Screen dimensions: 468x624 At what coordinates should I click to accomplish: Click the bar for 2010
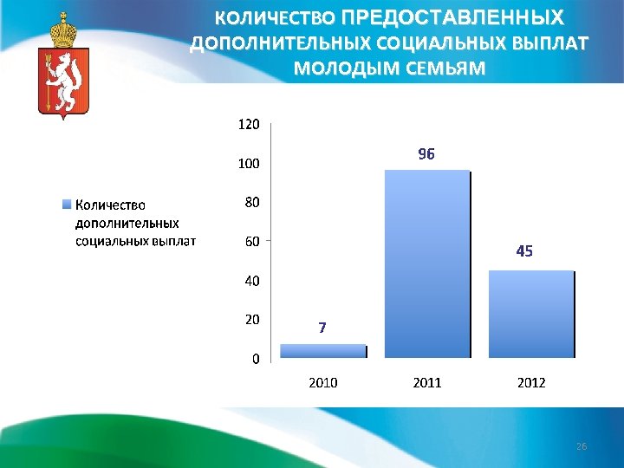click(323, 351)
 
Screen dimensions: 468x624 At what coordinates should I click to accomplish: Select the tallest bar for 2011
click(427, 263)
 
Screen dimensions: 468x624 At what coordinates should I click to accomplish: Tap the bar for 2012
click(531, 314)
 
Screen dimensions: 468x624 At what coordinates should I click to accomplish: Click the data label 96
click(426, 154)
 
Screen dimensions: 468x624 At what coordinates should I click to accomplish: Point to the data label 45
click(524, 251)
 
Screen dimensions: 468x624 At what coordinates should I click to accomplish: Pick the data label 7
click(322, 328)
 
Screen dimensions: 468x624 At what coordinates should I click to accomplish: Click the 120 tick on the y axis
click(248, 125)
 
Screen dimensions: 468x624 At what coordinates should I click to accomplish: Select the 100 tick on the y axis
click(250, 163)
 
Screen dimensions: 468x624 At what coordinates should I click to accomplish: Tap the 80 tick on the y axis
click(252, 203)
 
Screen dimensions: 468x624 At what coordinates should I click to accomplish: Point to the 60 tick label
click(252, 242)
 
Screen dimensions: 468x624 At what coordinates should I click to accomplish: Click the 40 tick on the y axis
click(252, 281)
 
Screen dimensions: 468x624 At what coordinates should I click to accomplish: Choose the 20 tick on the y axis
click(252, 320)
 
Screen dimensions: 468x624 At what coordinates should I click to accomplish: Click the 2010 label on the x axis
click(323, 382)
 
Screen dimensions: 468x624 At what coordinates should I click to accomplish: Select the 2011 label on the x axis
click(427, 382)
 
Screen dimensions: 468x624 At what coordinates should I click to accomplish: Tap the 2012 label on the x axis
click(531, 382)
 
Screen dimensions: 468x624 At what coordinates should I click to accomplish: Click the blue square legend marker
click(67, 205)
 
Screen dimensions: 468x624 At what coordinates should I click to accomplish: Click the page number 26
click(582, 446)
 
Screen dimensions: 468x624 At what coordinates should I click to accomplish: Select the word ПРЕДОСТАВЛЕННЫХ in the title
click(452, 17)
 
